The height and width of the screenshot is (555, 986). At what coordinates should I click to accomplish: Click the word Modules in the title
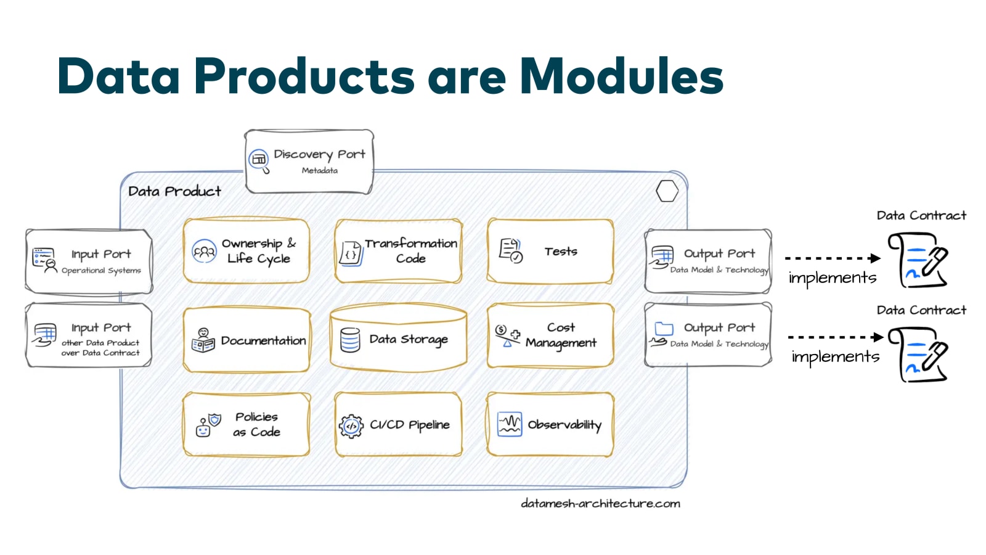point(621,76)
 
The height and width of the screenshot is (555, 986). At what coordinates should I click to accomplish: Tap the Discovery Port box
point(309,162)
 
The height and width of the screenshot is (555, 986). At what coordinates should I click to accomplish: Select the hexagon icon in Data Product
point(667,191)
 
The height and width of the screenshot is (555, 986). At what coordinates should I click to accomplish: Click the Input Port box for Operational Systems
point(89,261)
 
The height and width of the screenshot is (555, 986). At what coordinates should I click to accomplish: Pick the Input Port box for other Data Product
point(89,335)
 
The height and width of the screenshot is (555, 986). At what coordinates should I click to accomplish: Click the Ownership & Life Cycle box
point(246,251)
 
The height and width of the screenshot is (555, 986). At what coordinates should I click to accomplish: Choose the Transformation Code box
point(398,251)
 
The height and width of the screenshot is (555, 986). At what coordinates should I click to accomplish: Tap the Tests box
point(550,251)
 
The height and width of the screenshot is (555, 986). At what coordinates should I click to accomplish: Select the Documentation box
point(246,340)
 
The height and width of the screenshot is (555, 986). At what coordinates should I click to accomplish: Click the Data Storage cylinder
point(398,339)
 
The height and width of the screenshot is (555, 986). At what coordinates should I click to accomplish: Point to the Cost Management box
point(550,335)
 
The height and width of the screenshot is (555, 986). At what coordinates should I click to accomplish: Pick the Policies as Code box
point(246,424)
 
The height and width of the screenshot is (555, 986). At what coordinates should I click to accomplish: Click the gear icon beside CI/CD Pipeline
point(351,425)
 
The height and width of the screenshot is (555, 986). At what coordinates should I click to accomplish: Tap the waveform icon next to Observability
point(510,424)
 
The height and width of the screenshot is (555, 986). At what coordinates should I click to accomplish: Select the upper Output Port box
point(708,261)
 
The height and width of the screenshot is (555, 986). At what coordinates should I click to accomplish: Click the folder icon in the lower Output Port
point(664,328)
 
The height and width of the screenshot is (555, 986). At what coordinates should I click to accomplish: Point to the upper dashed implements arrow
point(832,258)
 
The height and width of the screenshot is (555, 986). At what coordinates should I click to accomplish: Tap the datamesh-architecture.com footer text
point(600,503)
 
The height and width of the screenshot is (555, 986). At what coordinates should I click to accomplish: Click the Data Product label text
point(174,191)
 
